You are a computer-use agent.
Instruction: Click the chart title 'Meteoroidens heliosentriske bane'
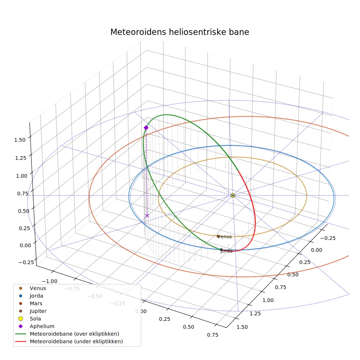pyautogui.click(x=180, y=32)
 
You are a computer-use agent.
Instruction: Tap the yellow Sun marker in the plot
pyautogui.click(x=233, y=195)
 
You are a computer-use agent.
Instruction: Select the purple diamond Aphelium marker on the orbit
pyautogui.click(x=146, y=128)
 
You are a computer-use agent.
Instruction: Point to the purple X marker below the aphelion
pyautogui.click(x=147, y=216)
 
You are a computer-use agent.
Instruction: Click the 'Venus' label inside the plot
pyautogui.click(x=224, y=236)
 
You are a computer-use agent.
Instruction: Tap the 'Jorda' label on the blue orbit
pyautogui.click(x=226, y=251)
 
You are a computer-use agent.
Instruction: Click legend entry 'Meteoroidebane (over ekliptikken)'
pyautogui.click(x=67, y=334)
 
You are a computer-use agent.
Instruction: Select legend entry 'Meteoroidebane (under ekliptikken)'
pyautogui.click(x=69, y=341)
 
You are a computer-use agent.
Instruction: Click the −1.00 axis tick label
pyautogui.click(x=50, y=281)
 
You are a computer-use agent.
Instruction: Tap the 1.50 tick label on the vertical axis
pyautogui.click(x=20, y=140)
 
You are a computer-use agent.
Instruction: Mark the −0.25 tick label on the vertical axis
pyautogui.click(x=26, y=262)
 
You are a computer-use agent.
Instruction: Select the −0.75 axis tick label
pyautogui.click(x=72, y=289)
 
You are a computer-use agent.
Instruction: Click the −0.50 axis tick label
pyautogui.click(x=95, y=296)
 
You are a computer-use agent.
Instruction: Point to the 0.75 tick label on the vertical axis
pyautogui.click(x=23, y=194)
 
